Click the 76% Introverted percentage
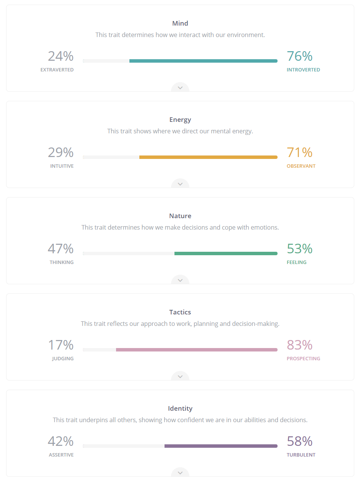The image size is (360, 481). point(300,56)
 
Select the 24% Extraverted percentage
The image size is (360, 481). point(61,56)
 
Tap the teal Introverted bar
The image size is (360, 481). point(203,61)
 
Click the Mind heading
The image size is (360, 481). point(180,23)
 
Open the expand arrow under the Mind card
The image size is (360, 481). point(180,87)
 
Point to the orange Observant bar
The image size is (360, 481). point(208,157)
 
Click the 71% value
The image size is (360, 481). point(300,152)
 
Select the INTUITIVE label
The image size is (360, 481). point(62,166)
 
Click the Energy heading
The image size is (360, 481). point(180,120)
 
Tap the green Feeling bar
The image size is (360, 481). point(226,253)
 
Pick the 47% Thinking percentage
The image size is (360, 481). point(61,249)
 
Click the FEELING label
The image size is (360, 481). point(297,262)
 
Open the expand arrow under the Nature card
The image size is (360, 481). point(180,280)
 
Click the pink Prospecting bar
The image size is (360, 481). point(197,350)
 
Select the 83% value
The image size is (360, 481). point(300,345)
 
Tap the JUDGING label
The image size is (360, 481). point(63,359)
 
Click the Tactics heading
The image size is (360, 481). point(180,312)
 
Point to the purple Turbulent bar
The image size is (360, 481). point(221,446)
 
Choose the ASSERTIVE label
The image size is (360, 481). point(61,455)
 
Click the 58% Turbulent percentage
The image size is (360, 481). point(300,441)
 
